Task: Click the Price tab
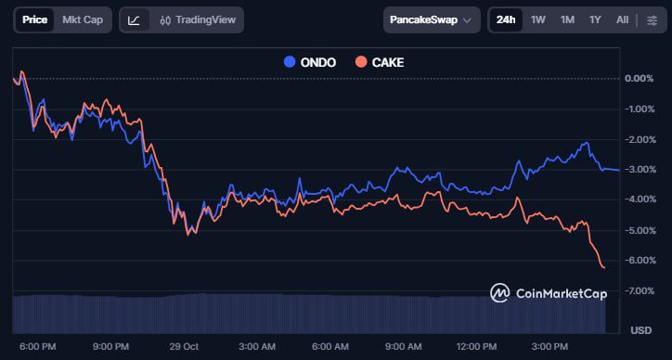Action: point(34,19)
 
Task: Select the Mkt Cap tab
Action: point(83,19)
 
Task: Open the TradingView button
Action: point(197,19)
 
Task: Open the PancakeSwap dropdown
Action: point(433,19)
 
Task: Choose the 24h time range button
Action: point(506,19)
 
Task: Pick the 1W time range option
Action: point(538,19)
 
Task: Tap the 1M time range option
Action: point(567,19)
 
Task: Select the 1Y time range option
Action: point(595,19)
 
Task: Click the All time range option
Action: point(622,19)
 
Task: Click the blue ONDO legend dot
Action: point(289,62)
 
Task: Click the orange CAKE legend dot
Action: point(361,62)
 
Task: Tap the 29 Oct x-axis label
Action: point(185,346)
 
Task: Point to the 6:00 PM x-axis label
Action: point(37,346)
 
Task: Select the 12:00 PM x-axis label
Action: point(476,346)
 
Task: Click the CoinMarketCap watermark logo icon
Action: point(501,293)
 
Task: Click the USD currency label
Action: point(640,329)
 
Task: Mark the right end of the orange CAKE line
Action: point(604,268)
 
